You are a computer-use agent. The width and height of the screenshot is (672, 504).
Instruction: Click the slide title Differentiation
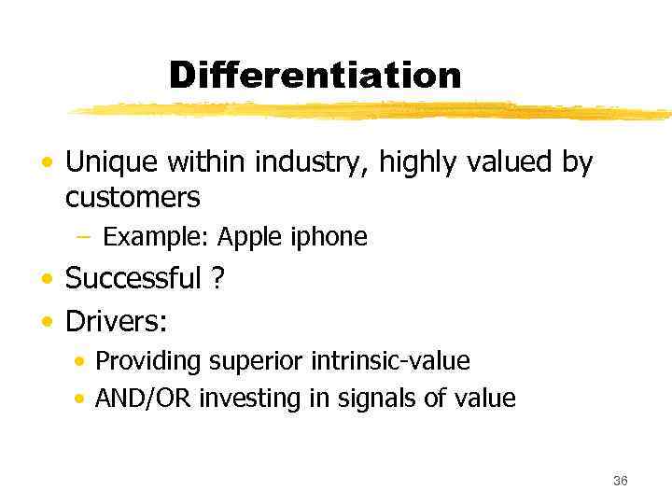tap(315, 76)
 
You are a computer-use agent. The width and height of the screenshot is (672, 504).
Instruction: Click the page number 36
tap(621, 481)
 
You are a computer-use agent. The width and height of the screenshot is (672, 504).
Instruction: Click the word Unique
tap(112, 163)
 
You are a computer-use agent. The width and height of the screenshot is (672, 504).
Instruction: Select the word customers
tap(133, 198)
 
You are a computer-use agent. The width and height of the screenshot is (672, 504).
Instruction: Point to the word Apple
tap(242, 238)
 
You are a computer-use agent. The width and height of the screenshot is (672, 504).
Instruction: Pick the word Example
tap(155, 238)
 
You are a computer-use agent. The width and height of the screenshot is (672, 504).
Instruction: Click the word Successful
tap(133, 278)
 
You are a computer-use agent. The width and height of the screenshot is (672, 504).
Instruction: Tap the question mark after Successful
tap(219, 278)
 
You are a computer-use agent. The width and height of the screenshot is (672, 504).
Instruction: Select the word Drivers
tap(116, 323)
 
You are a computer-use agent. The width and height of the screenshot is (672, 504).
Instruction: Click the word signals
tap(355, 399)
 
